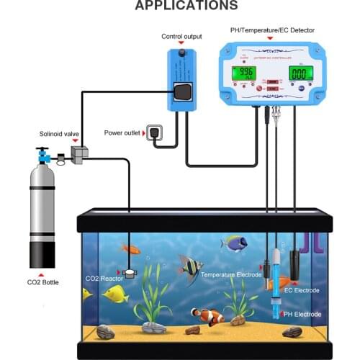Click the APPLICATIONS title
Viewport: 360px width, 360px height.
pos(186,6)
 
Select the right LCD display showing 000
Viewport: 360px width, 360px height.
pos(301,73)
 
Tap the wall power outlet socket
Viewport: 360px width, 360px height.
pos(154,132)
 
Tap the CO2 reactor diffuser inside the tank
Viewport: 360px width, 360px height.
pos(130,273)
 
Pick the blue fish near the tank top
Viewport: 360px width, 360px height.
pos(235,243)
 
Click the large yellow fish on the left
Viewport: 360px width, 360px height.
pos(114,293)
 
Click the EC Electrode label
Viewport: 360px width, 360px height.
pos(302,289)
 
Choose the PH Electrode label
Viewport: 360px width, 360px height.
pos(302,315)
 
